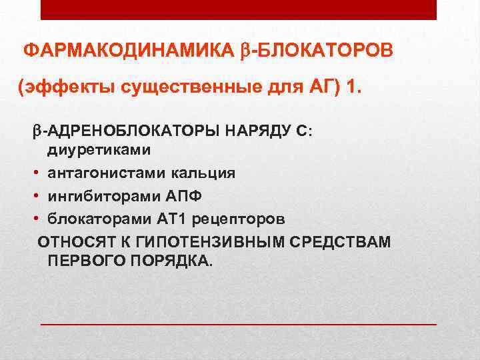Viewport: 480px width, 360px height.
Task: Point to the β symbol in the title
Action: (244, 51)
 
